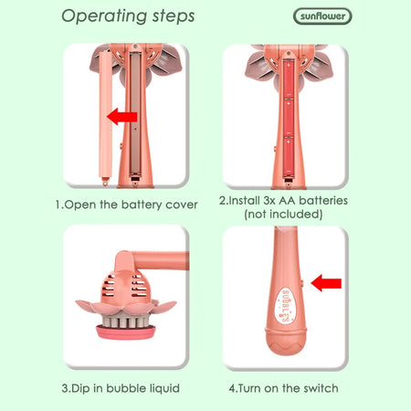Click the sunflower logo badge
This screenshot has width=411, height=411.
click(x=322, y=16)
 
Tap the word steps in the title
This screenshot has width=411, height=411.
click(x=174, y=16)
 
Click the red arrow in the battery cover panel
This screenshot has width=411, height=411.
click(x=122, y=117)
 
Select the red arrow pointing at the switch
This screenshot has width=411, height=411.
click(x=326, y=283)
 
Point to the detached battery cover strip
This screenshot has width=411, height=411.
click(x=105, y=118)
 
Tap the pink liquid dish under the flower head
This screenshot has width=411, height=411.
click(x=126, y=332)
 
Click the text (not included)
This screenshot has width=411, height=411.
click(x=283, y=214)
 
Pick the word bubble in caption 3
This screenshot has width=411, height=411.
click(x=126, y=388)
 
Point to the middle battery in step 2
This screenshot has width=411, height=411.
click(x=289, y=118)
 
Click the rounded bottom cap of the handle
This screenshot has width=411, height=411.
click(x=285, y=342)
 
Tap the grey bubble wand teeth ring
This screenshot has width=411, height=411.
click(x=126, y=319)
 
